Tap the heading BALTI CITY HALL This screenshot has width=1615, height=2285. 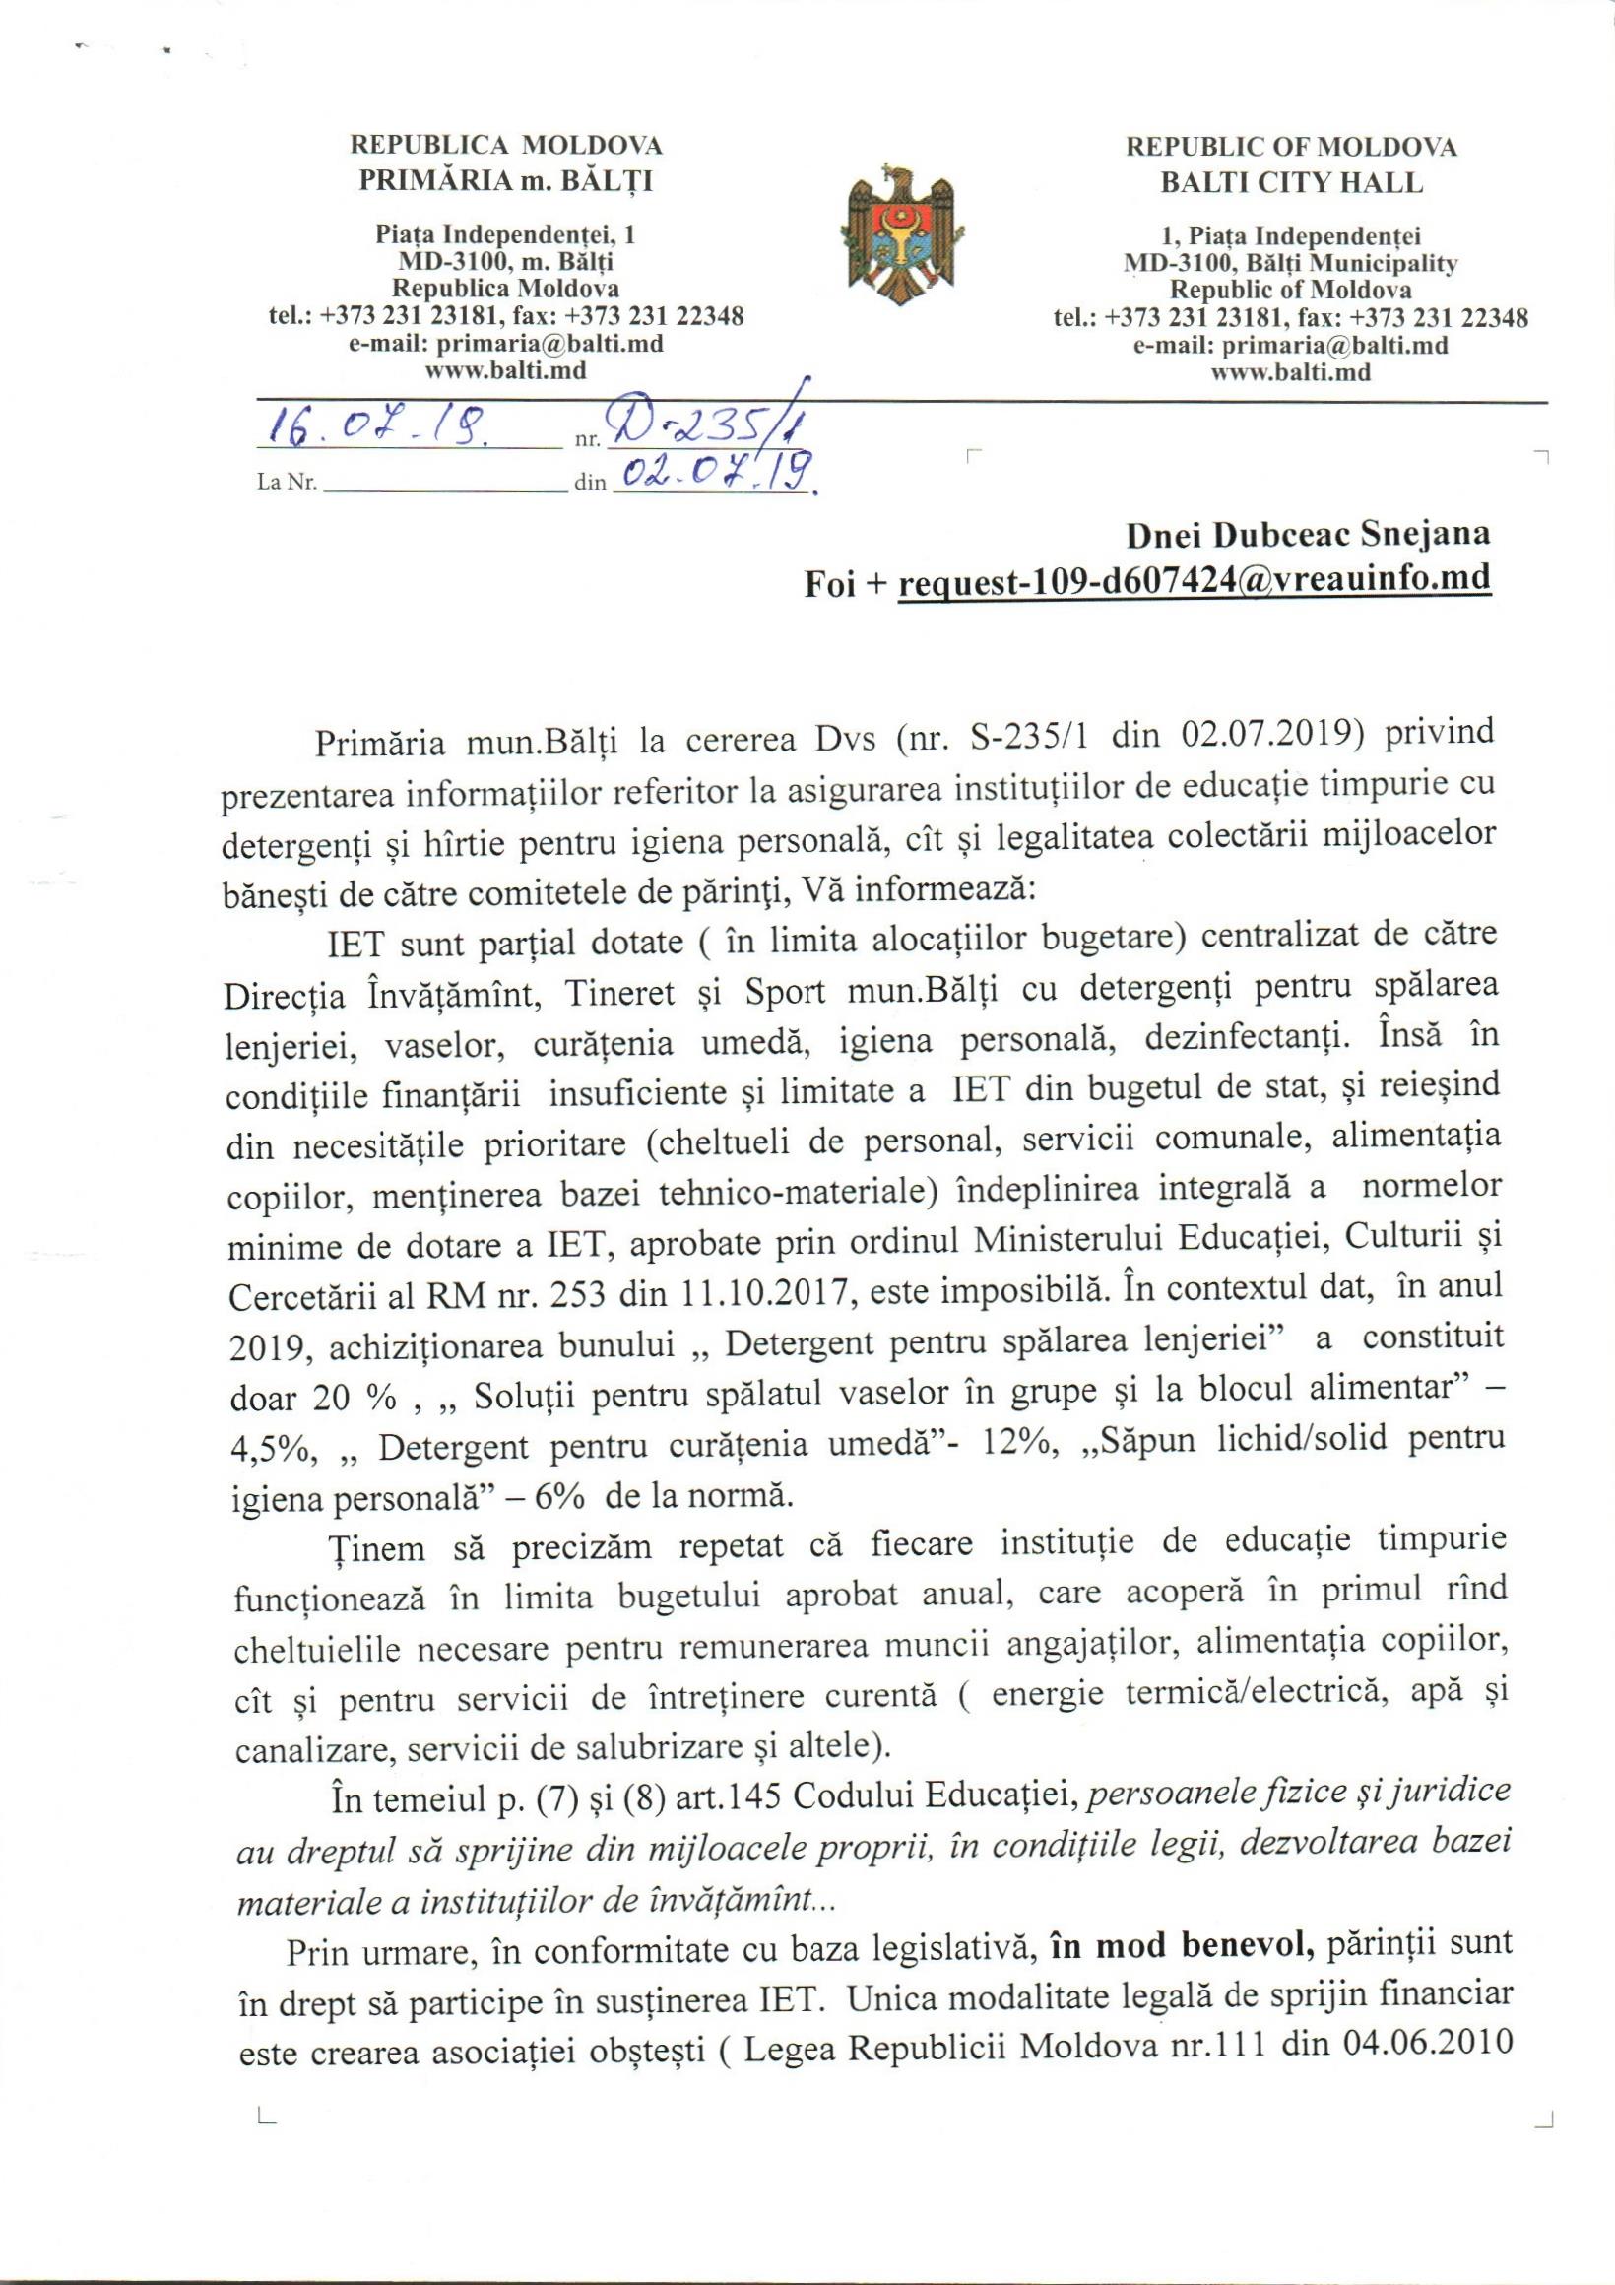(1291, 184)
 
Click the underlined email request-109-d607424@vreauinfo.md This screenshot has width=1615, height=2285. (1194, 580)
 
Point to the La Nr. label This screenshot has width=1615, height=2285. (287, 486)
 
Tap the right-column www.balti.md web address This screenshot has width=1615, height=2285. (1291, 374)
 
